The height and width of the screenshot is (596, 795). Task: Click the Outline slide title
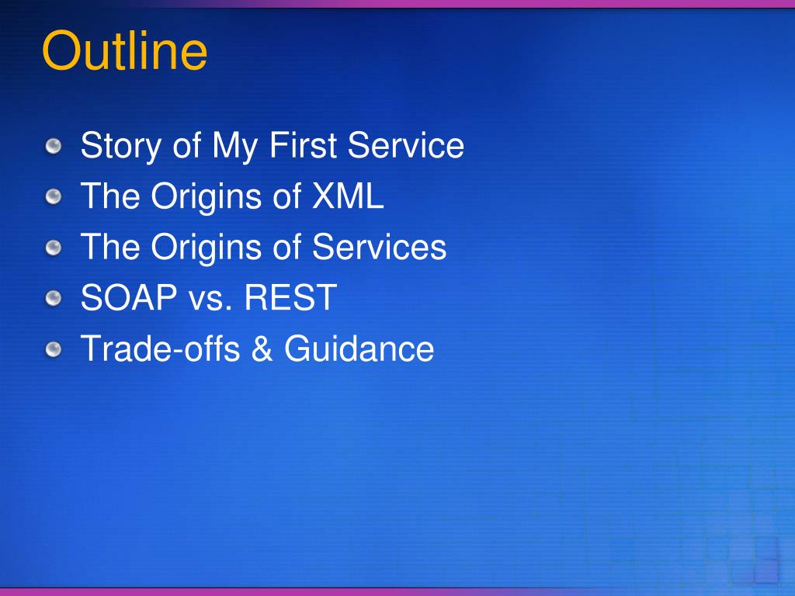[125, 50]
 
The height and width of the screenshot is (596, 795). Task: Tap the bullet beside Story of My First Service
[54, 147]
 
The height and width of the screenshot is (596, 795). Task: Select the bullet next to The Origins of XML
[54, 196]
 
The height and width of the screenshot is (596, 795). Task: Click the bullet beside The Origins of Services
[54, 248]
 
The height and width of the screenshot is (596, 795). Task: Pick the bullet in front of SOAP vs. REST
[54, 298]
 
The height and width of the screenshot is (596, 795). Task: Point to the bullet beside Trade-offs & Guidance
[54, 349]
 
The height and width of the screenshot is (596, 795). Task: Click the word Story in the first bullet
[120, 147]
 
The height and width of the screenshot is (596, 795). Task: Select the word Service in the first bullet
[405, 145]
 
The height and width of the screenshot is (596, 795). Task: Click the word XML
[348, 196]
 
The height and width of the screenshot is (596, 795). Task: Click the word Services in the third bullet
[379, 247]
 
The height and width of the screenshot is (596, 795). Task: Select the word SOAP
[129, 297]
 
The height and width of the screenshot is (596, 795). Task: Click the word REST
[291, 297]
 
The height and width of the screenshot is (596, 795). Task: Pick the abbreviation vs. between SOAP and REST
[210, 300]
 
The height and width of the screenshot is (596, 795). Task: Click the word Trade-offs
[160, 348]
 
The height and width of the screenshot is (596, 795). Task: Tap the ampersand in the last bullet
[262, 348]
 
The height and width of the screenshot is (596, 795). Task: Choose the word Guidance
[359, 348]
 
